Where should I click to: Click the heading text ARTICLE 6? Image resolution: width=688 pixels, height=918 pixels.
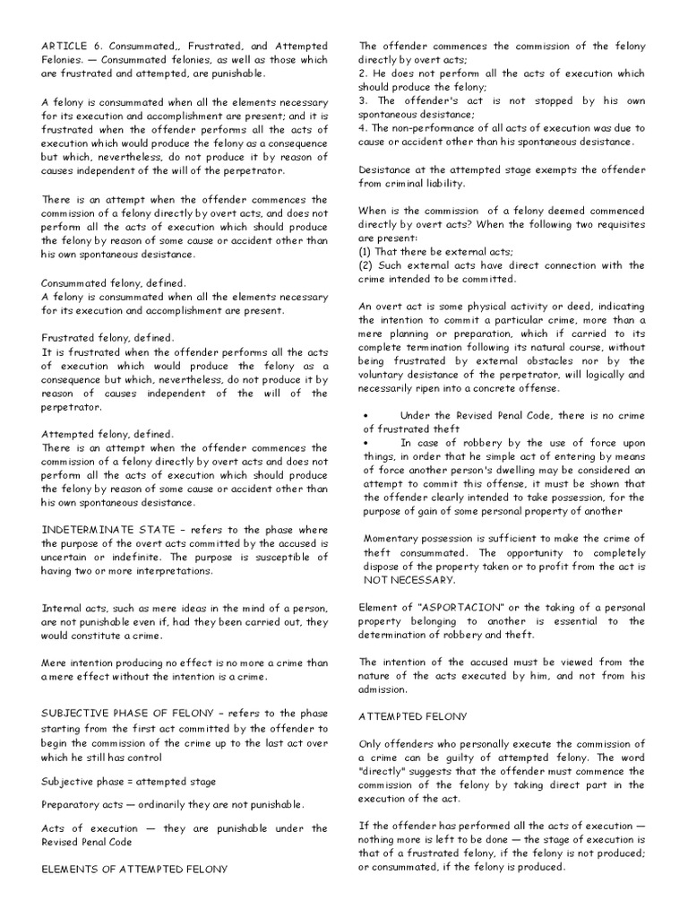pos(73,45)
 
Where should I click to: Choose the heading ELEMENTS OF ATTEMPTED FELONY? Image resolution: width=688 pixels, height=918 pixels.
pos(134,869)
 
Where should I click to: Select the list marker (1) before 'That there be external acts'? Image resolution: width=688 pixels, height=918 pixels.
pos(365,252)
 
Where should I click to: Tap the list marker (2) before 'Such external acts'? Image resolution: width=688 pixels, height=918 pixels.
pos(365,265)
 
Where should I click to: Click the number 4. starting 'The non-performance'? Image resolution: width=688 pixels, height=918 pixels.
pos(363,128)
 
